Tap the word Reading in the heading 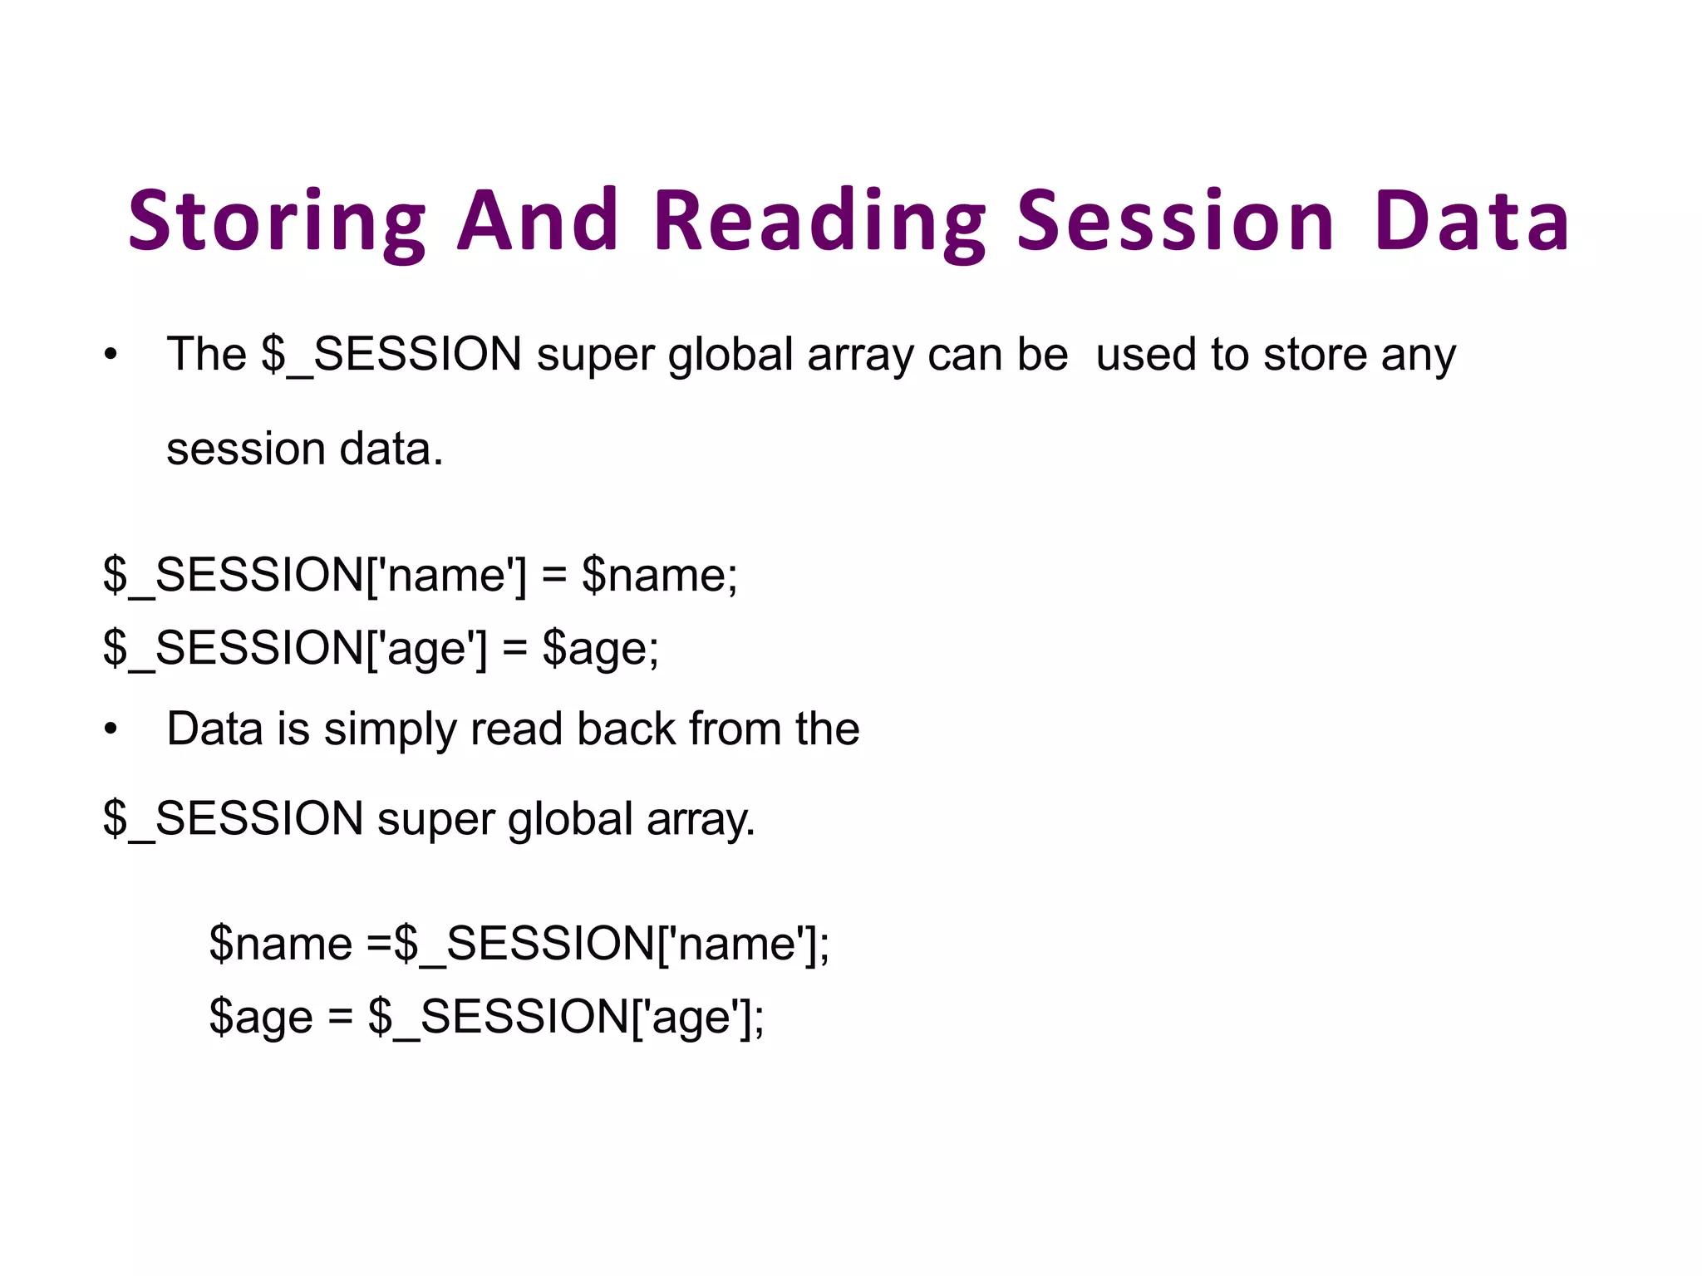(x=819, y=221)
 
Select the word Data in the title (x=1471, y=221)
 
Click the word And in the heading (x=539, y=221)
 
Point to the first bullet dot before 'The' (x=111, y=356)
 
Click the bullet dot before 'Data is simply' (x=111, y=730)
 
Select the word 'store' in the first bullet (x=1315, y=355)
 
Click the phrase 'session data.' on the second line (x=305, y=449)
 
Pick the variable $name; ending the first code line (x=659, y=575)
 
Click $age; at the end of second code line (x=600, y=648)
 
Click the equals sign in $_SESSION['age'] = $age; (x=514, y=648)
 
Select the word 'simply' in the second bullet (x=390, y=730)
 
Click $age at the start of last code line (x=261, y=1017)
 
